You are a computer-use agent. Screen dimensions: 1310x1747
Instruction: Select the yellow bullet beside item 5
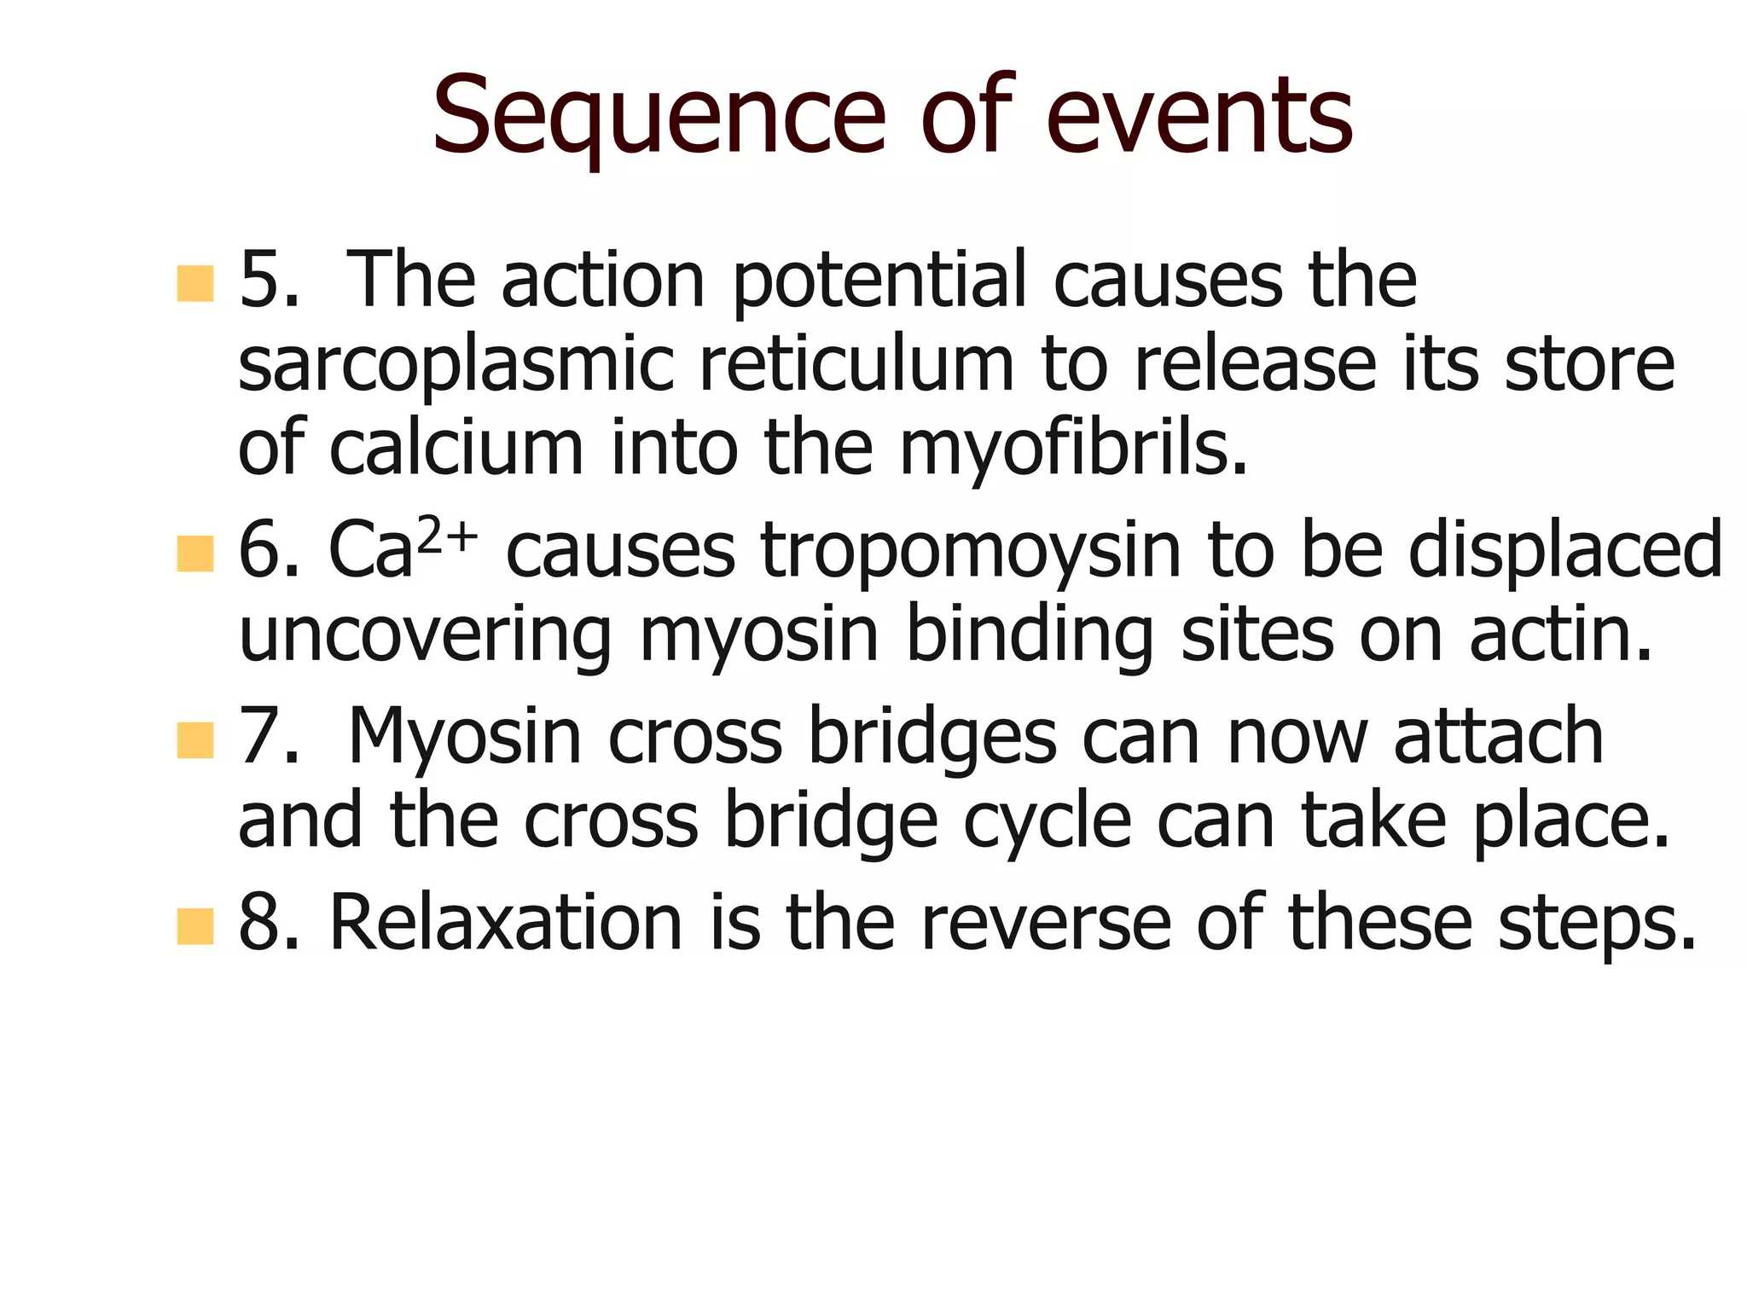[x=194, y=283]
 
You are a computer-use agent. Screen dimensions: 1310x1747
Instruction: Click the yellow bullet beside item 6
[x=194, y=554]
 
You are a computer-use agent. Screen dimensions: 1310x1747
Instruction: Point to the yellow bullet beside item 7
[x=194, y=739]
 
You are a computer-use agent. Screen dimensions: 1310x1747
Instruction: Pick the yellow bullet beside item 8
[x=194, y=926]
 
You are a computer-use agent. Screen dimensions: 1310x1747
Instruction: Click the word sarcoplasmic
[x=456, y=367]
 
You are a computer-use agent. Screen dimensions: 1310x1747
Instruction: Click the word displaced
[x=1565, y=553]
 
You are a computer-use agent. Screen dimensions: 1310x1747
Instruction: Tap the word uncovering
[x=425, y=637]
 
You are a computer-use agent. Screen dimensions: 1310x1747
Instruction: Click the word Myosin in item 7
[x=465, y=738]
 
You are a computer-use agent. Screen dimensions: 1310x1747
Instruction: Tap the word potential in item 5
[x=879, y=281]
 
